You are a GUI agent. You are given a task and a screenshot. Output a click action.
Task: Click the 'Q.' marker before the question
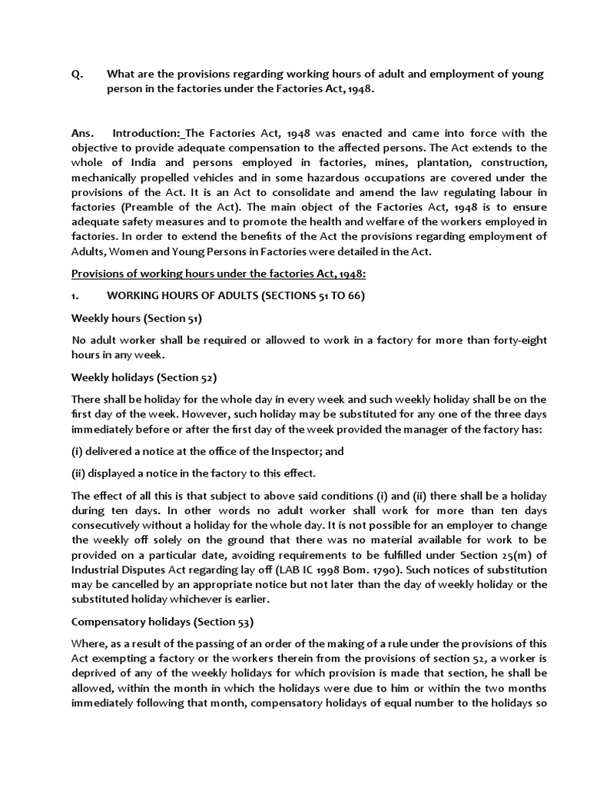click(76, 74)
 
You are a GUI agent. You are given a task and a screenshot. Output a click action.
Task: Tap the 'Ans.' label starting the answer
click(83, 133)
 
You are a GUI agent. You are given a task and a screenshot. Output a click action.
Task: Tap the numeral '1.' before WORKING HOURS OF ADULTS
click(76, 296)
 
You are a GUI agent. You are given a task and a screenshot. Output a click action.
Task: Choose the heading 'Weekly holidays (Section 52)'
click(144, 377)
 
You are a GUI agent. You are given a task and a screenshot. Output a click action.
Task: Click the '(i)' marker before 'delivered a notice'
click(77, 452)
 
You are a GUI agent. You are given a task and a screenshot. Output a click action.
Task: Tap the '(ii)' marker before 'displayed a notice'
click(78, 473)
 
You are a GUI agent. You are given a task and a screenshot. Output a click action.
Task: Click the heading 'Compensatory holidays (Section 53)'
click(162, 621)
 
